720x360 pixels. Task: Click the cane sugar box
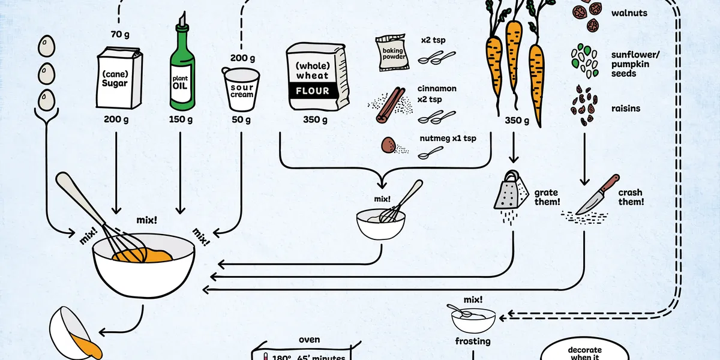119,78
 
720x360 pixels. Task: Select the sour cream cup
241,89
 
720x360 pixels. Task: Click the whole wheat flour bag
317,77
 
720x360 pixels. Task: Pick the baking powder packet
392,53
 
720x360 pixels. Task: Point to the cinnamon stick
390,105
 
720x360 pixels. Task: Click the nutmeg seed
388,145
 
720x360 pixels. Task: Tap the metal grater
511,190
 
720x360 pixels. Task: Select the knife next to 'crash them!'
597,195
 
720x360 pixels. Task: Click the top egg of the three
47,46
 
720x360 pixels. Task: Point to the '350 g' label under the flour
315,120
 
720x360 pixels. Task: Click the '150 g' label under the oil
181,119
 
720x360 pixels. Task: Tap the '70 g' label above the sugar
120,34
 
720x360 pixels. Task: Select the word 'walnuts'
629,13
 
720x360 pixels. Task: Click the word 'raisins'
625,109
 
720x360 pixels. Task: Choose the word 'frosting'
473,341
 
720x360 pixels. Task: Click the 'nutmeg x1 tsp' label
448,139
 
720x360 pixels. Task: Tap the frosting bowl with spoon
472,318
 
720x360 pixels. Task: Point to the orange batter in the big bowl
143,255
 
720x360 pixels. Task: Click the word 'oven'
309,340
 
